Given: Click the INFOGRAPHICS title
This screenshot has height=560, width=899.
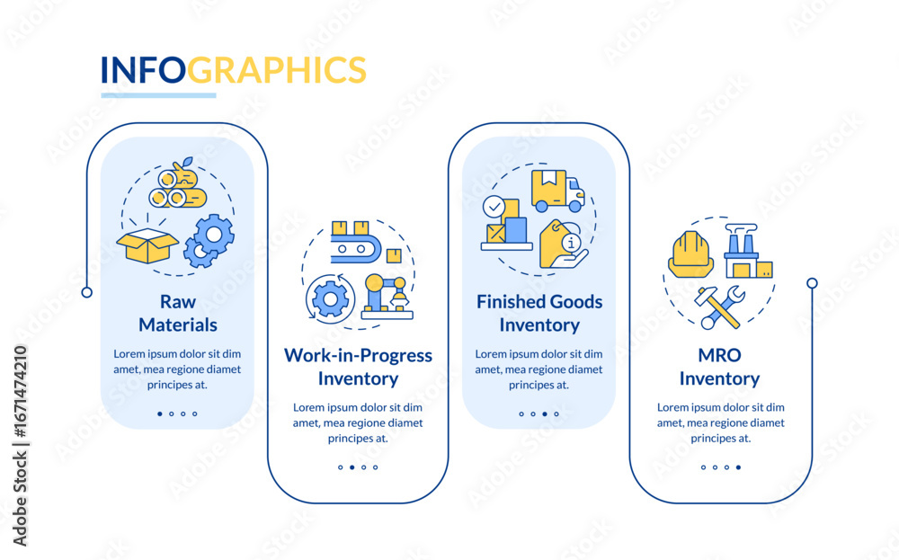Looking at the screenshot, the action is pos(234,70).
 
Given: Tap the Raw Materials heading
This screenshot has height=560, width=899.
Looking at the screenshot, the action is pos(178,313).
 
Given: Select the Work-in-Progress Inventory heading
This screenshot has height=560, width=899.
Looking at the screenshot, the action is pos(359,367).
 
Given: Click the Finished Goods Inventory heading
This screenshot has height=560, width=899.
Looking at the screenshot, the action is pos(539,313).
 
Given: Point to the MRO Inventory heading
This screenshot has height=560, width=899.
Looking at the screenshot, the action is pos(719,367).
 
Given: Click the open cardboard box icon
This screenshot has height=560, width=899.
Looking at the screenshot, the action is pos(147,245).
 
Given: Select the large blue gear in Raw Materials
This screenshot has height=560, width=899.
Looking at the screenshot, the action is pos(214,234).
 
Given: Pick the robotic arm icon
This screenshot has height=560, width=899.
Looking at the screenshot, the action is pos(387,296).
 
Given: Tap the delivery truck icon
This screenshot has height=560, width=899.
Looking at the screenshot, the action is pos(557,191).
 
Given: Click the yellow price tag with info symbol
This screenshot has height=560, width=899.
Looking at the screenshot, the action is pos(562,244).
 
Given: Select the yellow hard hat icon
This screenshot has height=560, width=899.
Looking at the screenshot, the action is pos(690,254).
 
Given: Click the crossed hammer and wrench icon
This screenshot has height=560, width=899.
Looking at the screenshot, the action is pos(719,307).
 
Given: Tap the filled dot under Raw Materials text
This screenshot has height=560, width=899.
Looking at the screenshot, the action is pos(159,413).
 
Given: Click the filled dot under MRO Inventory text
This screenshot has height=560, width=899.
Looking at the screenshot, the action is pos(738,467).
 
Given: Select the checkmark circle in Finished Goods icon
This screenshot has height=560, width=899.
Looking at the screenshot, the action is pos(494,207).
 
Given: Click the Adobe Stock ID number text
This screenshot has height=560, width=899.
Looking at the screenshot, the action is pos(20,395).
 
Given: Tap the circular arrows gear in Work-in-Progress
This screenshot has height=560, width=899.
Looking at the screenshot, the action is pos(330,298).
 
